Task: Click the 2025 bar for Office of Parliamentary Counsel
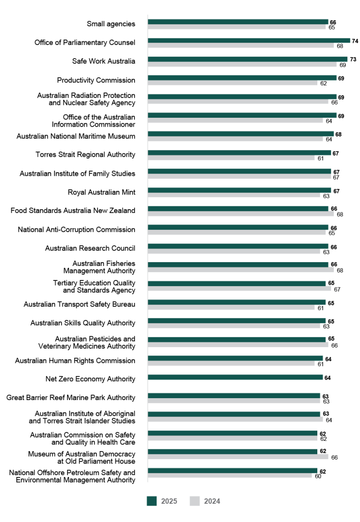[248, 40]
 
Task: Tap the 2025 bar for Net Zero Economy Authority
[235, 377]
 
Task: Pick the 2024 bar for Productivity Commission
[233, 83]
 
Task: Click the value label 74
[355, 41]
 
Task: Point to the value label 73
[352, 60]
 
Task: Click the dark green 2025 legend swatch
[151, 501]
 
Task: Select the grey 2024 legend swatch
[195, 501]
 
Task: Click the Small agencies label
[111, 24]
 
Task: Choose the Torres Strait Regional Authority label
[85, 154]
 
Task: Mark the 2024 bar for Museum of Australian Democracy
[238, 457]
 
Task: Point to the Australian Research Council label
[90, 248]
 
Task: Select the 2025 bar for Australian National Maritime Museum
[240, 134]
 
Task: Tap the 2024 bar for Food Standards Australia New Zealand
[240, 214]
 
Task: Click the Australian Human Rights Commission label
[75, 361]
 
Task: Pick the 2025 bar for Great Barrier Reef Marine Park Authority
[233, 396]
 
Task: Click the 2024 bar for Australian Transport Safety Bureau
[231, 308]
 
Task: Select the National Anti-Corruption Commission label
[76, 229]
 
